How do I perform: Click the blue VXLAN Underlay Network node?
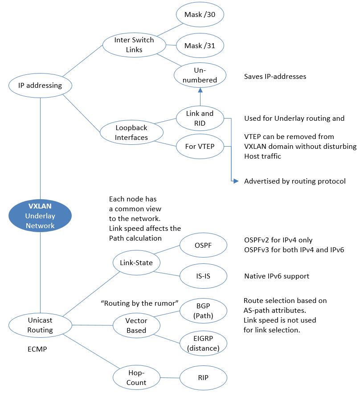tap(40, 216)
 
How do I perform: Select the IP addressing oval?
tap(40, 85)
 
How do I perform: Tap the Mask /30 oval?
tap(200, 15)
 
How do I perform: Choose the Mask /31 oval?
tap(200, 45)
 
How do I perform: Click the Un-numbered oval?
tap(200, 75)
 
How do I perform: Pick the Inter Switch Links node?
tap(128, 45)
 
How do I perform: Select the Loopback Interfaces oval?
tap(131, 132)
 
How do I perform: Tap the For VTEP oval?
tap(200, 146)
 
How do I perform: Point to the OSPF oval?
tap(203, 246)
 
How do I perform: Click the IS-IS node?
tap(203, 276)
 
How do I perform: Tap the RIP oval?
tap(203, 377)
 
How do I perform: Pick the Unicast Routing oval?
tap(40, 325)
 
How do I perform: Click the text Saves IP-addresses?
tap(275, 76)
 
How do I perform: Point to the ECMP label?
tap(37, 350)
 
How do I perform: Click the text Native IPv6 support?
tap(276, 276)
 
